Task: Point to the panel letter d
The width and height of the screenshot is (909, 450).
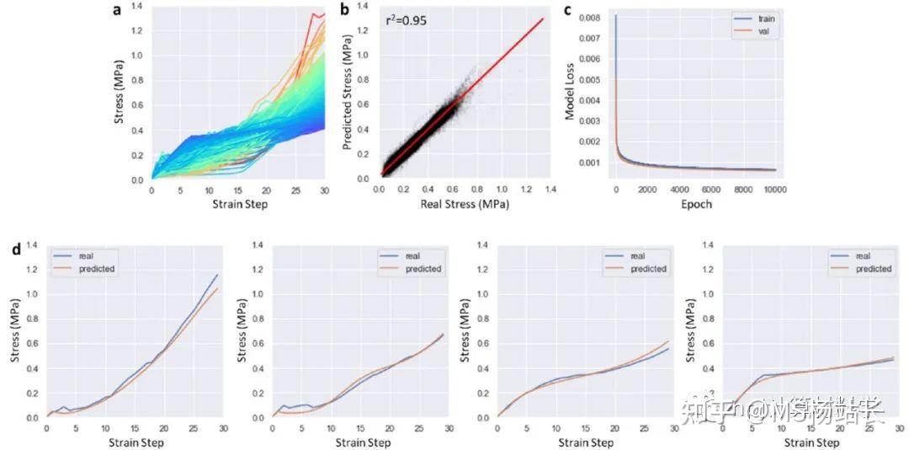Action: click(x=16, y=249)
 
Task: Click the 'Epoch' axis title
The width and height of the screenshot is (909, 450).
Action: click(x=695, y=205)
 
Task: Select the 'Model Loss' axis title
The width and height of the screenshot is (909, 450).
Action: click(x=570, y=89)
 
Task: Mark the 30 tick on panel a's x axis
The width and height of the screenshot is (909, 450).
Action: click(x=324, y=191)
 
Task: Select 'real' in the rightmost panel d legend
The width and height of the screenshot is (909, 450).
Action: click(x=862, y=255)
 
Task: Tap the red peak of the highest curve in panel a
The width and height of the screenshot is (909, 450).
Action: click(x=313, y=13)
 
